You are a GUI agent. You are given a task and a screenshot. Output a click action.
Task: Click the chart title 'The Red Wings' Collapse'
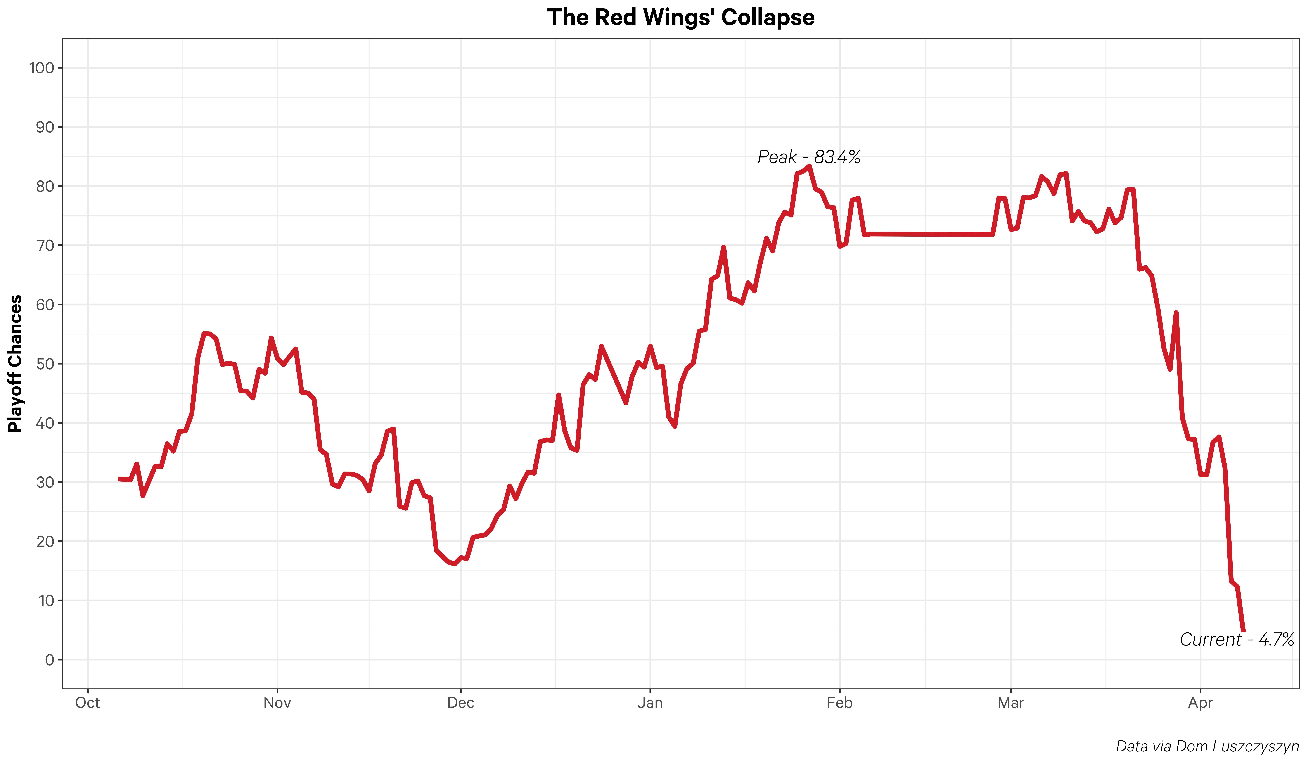pos(680,18)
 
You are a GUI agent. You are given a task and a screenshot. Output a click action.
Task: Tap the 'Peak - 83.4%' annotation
pos(809,157)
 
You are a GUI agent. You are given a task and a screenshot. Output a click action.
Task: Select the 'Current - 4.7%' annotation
pos(1236,640)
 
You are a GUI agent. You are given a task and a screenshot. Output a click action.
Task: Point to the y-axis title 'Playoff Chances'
pos(16,363)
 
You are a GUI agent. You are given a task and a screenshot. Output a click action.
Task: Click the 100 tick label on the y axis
pos(42,68)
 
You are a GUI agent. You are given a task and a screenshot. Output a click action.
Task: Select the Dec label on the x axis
pos(460,703)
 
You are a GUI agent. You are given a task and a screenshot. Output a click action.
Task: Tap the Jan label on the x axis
pos(650,703)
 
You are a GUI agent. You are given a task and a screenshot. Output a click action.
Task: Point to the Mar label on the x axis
pos(1011,703)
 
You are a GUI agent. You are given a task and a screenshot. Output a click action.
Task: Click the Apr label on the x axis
pos(1200,703)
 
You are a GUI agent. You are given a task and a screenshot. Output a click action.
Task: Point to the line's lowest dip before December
pos(455,564)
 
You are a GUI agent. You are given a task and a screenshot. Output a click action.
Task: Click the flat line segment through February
pos(929,234)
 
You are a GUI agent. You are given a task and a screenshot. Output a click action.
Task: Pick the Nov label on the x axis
pos(277,703)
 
